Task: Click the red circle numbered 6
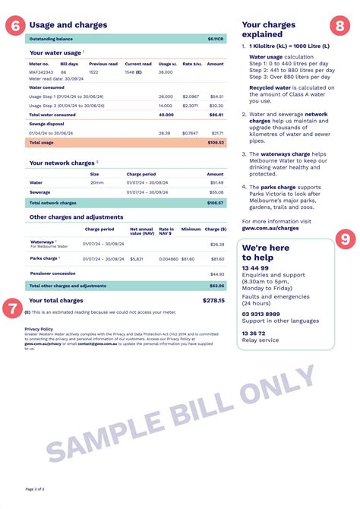click(x=16, y=25)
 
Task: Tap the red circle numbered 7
click(x=11, y=308)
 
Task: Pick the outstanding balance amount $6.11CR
click(x=216, y=38)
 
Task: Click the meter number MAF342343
click(x=41, y=73)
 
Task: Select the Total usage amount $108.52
click(x=215, y=142)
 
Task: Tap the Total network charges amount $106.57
click(x=215, y=203)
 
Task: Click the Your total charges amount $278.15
click(x=213, y=300)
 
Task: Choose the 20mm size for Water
click(x=96, y=182)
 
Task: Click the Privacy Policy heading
click(x=39, y=329)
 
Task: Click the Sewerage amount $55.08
click(x=216, y=192)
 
